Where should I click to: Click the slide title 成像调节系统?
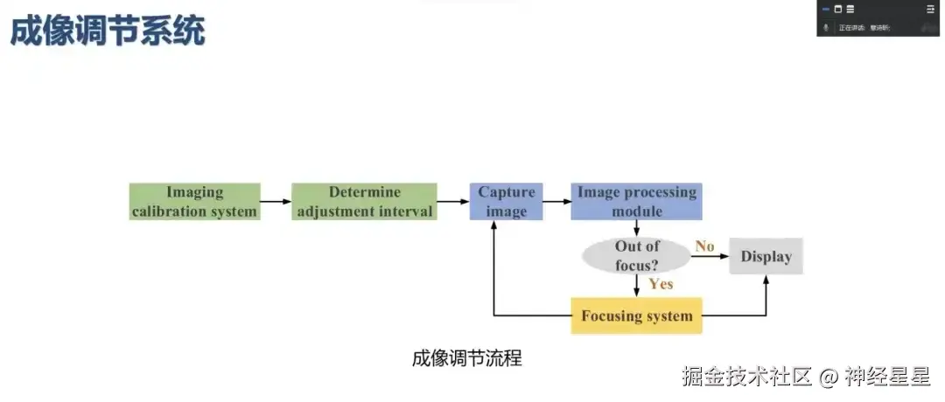coord(108,32)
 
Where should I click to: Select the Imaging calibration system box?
coord(194,202)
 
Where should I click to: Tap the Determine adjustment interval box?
coord(364,202)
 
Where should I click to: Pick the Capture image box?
coord(506,202)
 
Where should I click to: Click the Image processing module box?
coord(636,202)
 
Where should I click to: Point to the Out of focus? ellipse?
coord(636,256)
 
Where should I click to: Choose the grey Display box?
coord(766,256)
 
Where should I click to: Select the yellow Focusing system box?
coord(636,315)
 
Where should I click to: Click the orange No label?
coord(704,246)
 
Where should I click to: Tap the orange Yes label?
coord(661,283)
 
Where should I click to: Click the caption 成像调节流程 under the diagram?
coord(466,358)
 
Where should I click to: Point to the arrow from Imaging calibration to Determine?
coord(276,202)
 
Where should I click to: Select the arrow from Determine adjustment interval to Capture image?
coord(452,202)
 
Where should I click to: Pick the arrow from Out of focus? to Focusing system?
coord(636,285)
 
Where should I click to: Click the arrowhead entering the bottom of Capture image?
coord(495,226)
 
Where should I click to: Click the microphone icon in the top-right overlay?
coord(825,28)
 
